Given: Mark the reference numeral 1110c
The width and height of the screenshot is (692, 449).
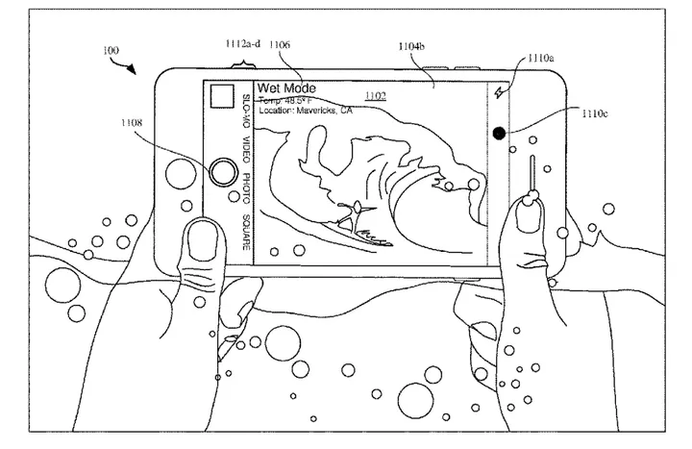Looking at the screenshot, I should pyautogui.click(x=595, y=113).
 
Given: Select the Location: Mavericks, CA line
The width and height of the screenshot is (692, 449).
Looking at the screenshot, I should pyautogui.click(x=305, y=111).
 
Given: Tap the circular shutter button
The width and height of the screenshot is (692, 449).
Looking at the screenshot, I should pyautogui.click(x=223, y=172).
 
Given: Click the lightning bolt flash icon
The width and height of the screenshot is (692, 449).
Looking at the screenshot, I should pyautogui.click(x=498, y=93).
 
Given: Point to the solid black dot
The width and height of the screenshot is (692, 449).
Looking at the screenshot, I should pyautogui.click(x=499, y=134).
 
